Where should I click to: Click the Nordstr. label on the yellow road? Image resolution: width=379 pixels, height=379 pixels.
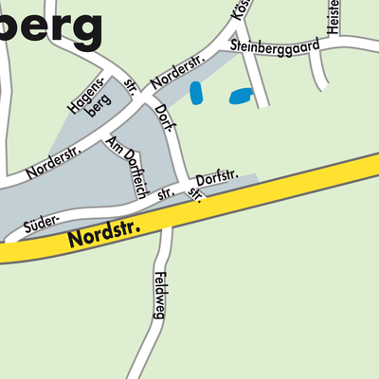click(x=104, y=235)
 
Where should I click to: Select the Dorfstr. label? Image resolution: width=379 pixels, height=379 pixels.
click(x=214, y=178)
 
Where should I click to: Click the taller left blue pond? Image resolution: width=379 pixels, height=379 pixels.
click(x=196, y=93)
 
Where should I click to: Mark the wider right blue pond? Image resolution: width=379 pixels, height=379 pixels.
click(x=242, y=96)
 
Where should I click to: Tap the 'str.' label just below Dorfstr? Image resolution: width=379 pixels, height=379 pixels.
click(x=196, y=195)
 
